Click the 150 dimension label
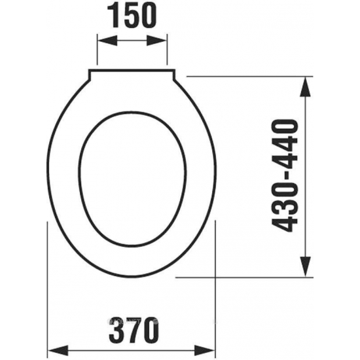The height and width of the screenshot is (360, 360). tap(134, 16)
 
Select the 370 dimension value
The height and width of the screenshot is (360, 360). tap(134, 326)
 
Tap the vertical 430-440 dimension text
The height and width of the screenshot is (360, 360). tap(285, 176)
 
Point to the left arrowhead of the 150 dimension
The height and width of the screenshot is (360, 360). tap(102, 41)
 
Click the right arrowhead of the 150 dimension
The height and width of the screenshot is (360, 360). tap(168, 41)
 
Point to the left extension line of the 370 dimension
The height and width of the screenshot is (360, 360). tap(49, 288)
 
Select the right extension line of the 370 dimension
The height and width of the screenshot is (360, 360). tap(218, 288)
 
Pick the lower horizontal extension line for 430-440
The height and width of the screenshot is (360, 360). tap(249, 276)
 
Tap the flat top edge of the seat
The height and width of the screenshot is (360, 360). tap(134, 69)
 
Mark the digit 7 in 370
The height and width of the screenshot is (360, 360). tap(134, 326)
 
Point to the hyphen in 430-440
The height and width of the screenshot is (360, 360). tap(285, 175)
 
